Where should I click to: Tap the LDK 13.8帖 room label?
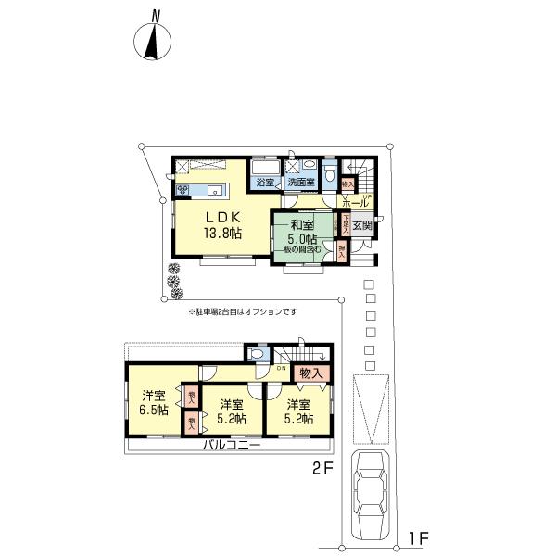(222, 225)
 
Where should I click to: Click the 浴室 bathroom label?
(265, 183)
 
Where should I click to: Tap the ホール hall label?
(356, 204)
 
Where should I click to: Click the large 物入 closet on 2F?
(310, 373)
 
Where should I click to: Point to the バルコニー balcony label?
(232, 446)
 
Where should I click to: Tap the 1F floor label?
(418, 537)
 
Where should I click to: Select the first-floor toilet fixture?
(331, 174)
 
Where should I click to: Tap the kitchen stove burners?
(183, 191)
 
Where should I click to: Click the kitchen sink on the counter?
(214, 191)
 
